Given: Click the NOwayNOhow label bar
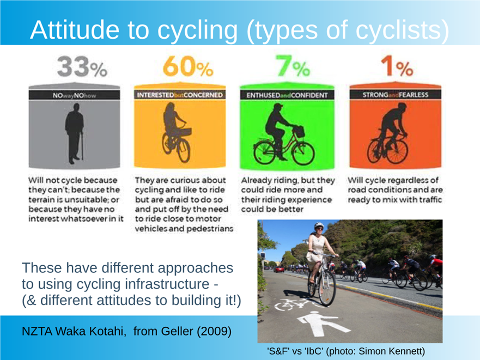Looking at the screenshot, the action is (75, 95).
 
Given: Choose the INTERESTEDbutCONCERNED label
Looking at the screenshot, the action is (180, 95).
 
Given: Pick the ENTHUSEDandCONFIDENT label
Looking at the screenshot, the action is (287, 95).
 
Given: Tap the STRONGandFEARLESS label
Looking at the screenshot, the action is (395, 95).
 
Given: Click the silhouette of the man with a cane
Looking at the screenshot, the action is (75, 133).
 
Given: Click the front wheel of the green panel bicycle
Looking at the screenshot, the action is (303, 153).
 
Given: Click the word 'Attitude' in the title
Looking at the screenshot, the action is (75, 30).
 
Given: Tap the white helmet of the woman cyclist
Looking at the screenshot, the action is (319, 225).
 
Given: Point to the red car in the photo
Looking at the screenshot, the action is (279, 270).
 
